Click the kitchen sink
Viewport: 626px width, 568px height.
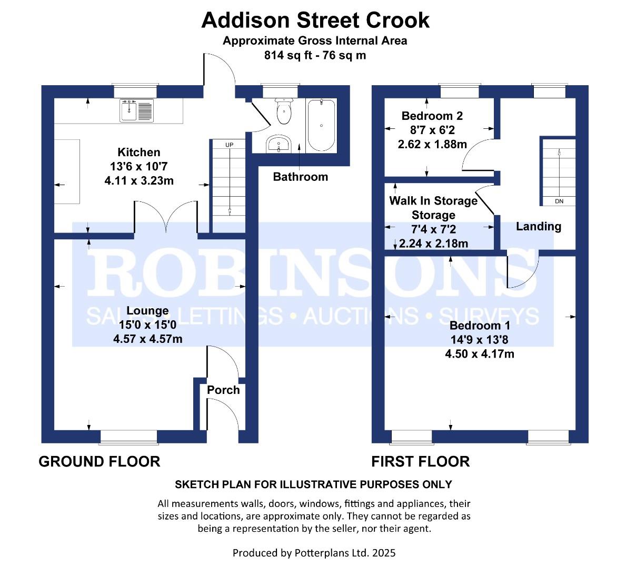pyautogui.click(x=136, y=111)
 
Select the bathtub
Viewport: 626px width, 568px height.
pyautogui.click(x=321, y=125)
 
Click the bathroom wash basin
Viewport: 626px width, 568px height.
pyautogui.click(x=279, y=143)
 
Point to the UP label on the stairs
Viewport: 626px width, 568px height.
pyautogui.click(x=229, y=145)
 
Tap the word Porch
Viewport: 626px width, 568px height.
pyautogui.click(x=223, y=390)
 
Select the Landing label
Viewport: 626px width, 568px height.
pyautogui.click(x=538, y=227)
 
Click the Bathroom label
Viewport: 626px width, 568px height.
pyautogui.click(x=300, y=177)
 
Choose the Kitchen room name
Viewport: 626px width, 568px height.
pyautogui.click(x=138, y=153)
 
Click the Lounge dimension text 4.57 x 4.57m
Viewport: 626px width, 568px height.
pyautogui.click(x=148, y=339)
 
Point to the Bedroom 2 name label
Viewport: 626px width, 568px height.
pyautogui.click(x=432, y=116)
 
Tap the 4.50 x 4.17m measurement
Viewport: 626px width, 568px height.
pyautogui.click(x=480, y=354)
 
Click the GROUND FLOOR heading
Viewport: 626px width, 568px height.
pyautogui.click(x=100, y=462)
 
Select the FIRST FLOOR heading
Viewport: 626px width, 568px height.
pyautogui.click(x=420, y=462)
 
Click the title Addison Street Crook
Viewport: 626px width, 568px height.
pyautogui.click(x=315, y=20)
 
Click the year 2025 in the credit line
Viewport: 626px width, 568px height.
pyautogui.click(x=384, y=553)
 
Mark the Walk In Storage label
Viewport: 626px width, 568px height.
pyautogui.click(x=433, y=200)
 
